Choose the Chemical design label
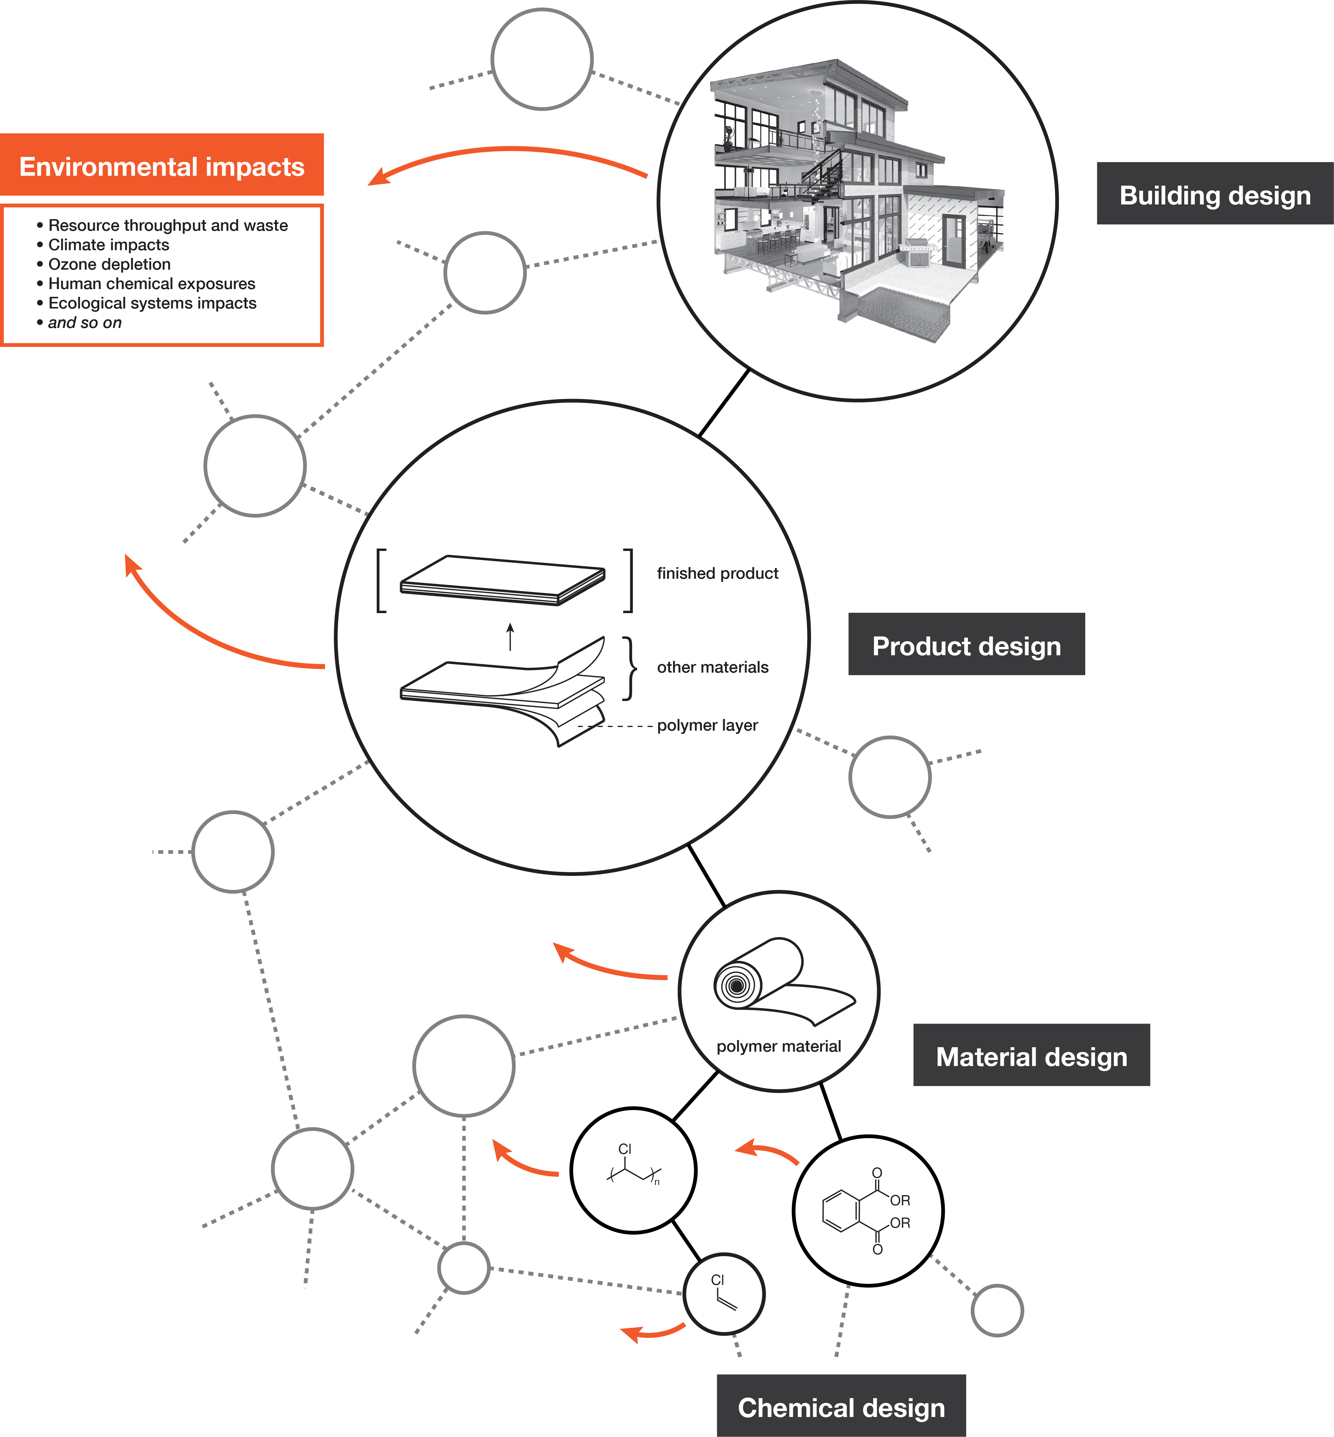click(x=841, y=1407)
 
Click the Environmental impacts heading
click(x=162, y=167)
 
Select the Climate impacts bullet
click(x=108, y=245)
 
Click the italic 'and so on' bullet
click(x=84, y=323)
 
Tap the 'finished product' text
click(x=717, y=573)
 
